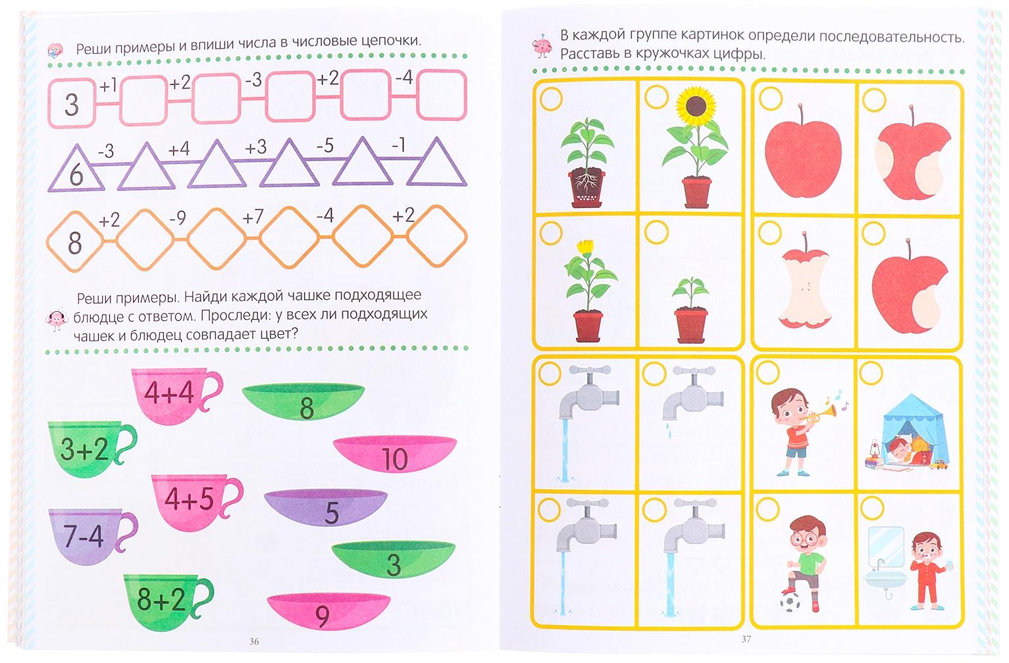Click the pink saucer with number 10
[x=395, y=454]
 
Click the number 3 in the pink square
[x=72, y=105]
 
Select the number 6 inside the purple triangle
[x=76, y=175]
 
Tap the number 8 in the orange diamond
[x=75, y=243]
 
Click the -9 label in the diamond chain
[x=178, y=218]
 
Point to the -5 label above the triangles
[x=324, y=145]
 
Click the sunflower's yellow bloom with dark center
[x=696, y=107]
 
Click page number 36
[x=254, y=641]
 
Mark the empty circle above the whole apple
[x=771, y=99]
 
